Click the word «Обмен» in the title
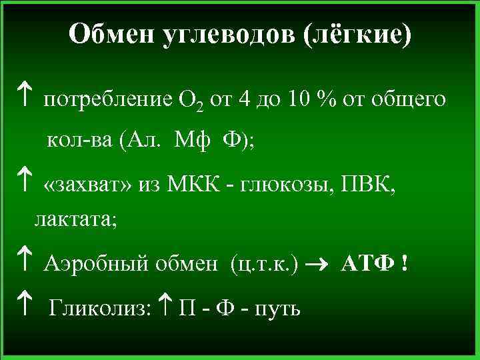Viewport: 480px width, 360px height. click(112, 34)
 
